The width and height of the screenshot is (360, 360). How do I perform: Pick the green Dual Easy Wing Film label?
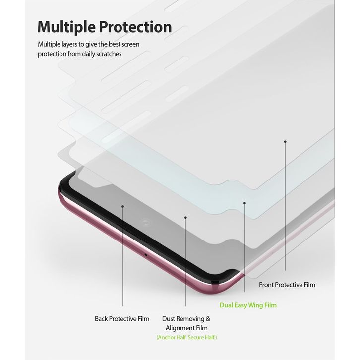[x=248, y=305]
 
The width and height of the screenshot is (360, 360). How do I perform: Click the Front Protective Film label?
[x=287, y=285]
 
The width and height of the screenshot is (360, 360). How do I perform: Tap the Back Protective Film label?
[x=122, y=318]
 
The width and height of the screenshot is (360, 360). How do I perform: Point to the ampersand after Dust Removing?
[x=207, y=318]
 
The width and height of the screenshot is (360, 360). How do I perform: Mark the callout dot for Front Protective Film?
[x=285, y=142]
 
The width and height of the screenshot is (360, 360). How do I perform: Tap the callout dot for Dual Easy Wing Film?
[x=245, y=202]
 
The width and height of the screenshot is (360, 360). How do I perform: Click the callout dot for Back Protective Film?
[x=122, y=205]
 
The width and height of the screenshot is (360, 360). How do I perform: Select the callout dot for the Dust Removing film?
[x=185, y=217]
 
